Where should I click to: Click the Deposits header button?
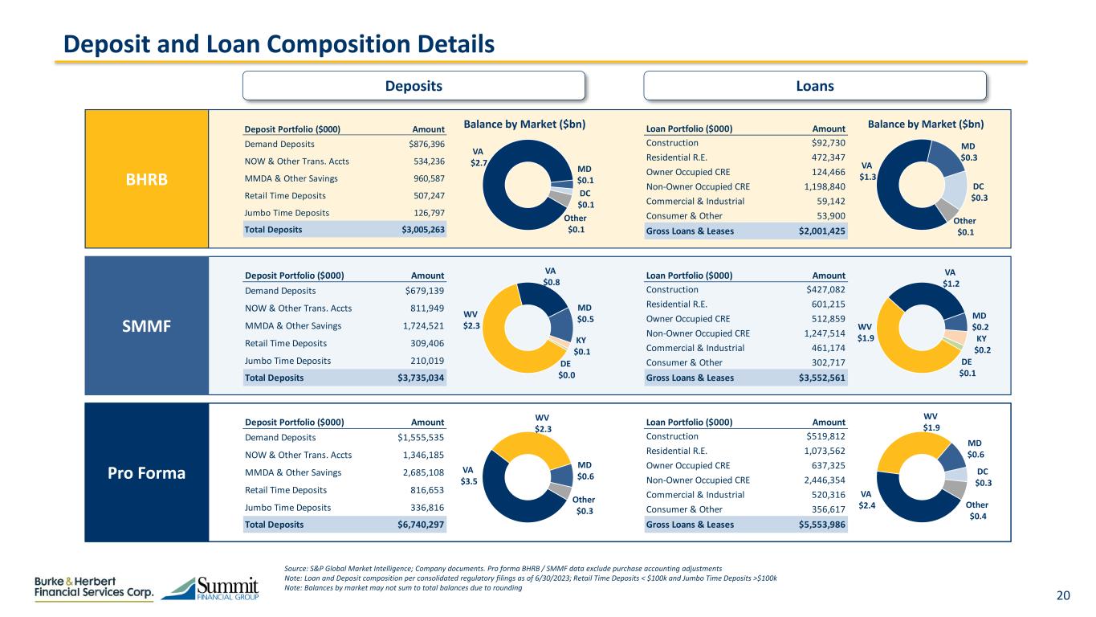point(414,85)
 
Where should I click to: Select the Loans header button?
point(815,85)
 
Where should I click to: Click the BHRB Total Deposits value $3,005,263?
point(422,229)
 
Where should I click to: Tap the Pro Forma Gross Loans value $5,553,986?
point(823,525)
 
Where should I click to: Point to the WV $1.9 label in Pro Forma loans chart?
point(930,422)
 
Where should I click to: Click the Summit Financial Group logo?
point(210,589)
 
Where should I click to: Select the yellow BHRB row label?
point(146,178)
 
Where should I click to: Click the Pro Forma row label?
point(146,472)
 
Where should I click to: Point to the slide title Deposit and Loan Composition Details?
point(279,43)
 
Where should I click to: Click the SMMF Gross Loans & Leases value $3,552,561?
point(823,377)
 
